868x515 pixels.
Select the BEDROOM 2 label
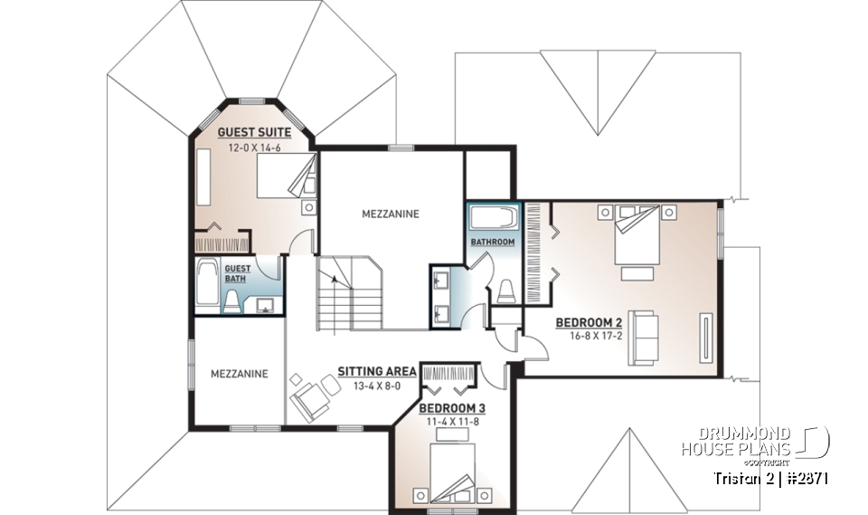click(589, 322)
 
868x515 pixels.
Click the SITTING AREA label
click(377, 371)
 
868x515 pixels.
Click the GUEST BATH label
click(237, 273)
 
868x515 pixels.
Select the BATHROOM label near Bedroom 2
click(493, 243)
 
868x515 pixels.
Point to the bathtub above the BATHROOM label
click(494, 217)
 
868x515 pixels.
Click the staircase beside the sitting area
click(347, 294)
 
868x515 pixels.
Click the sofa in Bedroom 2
click(643, 337)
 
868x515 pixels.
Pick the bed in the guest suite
click(287, 174)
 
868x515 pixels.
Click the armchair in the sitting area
click(310, 398)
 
